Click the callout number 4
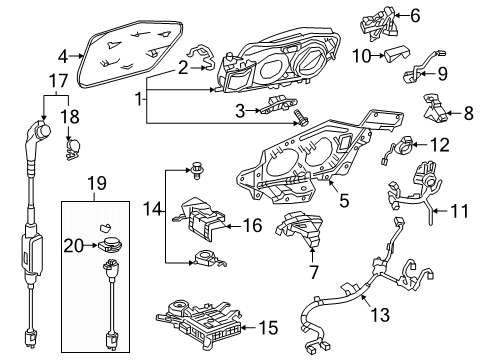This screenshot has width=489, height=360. point(63,57)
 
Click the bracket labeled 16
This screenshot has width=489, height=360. point(212,227)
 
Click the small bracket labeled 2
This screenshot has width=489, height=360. point(204,66)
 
